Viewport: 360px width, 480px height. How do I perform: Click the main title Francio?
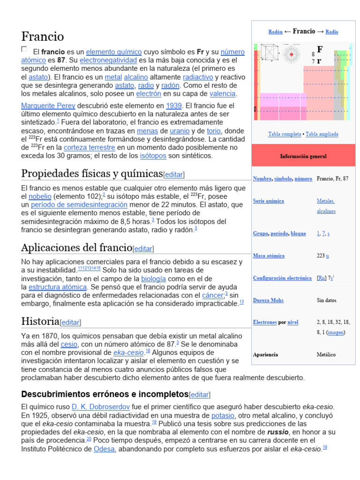(43, 36)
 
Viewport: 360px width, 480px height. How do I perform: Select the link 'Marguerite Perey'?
(48, 105)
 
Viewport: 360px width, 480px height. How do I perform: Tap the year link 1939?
(172, 105)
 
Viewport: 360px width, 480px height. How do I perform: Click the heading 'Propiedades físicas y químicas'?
(92, 173)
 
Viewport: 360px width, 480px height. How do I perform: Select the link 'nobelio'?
(40, 196)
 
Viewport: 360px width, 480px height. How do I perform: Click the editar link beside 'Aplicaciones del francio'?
(143, 248)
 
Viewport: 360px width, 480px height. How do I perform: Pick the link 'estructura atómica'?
(58, 287)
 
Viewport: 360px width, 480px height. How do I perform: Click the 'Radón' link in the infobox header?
(275, 32)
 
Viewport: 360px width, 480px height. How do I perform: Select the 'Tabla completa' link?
(285, 134)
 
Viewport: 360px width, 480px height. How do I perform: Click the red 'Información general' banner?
(303, 156)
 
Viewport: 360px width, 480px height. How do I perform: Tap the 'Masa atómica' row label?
(269, 256)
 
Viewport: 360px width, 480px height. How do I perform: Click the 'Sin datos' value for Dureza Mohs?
(326, 300)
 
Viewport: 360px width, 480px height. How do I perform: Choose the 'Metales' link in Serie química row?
(325, 201)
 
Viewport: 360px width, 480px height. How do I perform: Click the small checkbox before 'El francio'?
(24, 49)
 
